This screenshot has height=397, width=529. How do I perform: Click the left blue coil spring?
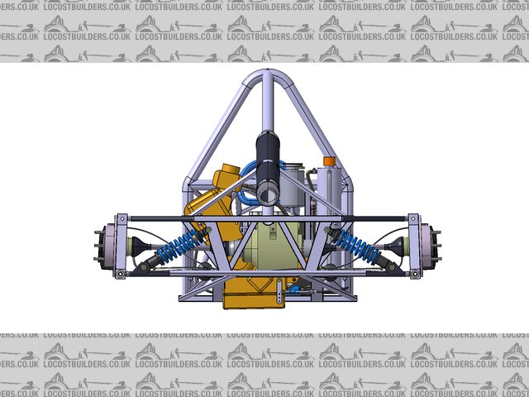179,246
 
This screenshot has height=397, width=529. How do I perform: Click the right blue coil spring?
358,246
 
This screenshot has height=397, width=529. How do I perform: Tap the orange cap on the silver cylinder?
330,161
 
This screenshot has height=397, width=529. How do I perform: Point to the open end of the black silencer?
268,194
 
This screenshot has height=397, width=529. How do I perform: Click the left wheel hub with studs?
105,246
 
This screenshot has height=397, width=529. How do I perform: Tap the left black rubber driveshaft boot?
139,246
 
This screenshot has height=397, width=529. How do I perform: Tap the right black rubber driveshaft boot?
396,246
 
